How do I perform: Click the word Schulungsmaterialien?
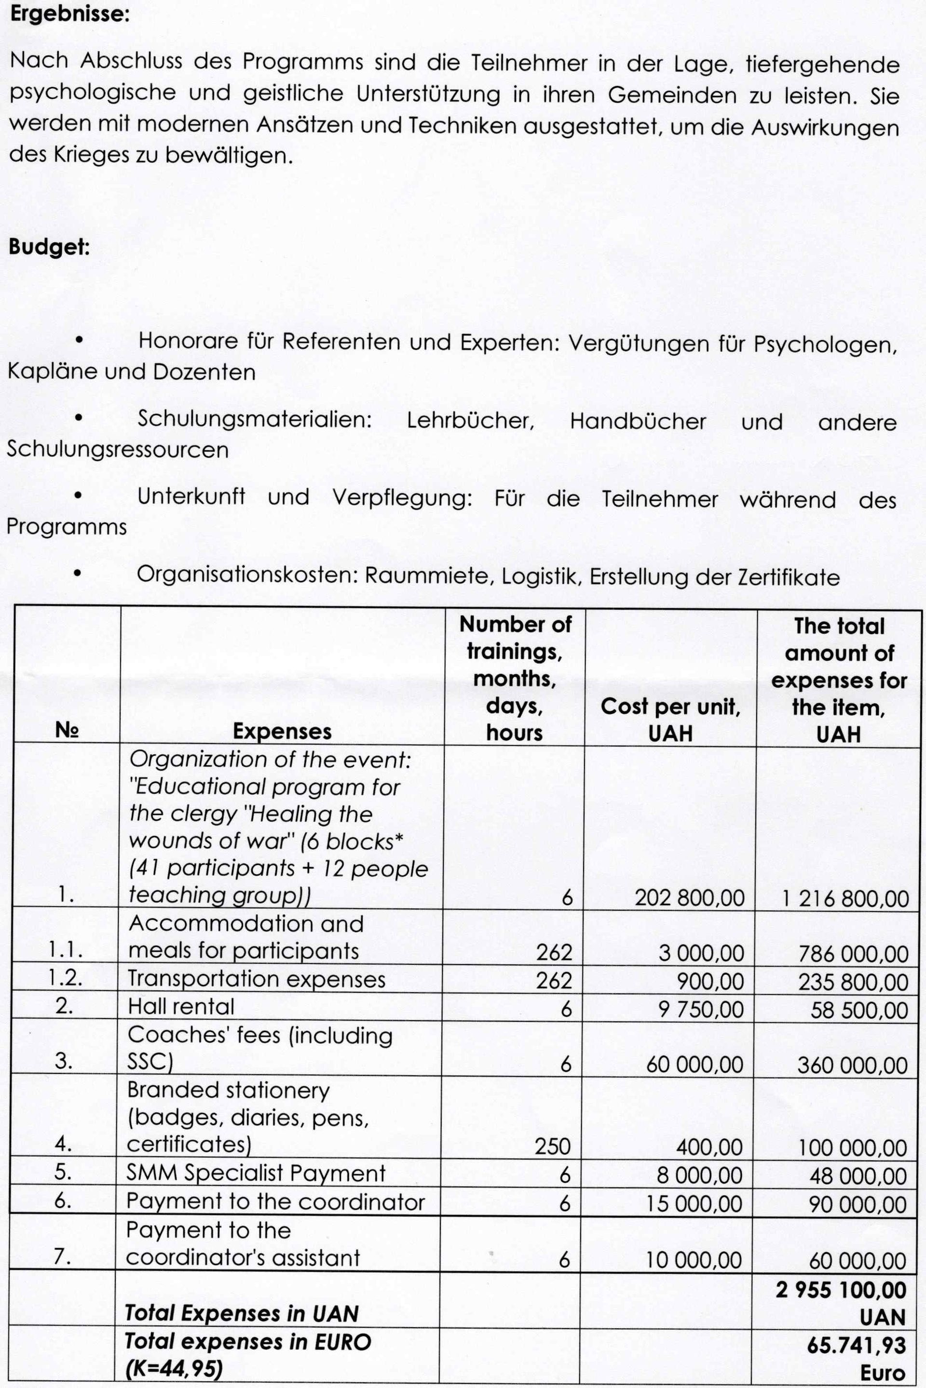(255, 420)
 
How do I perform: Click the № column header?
(67, 731)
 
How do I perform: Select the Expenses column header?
(282, 731)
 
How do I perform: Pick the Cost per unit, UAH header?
(670, 720)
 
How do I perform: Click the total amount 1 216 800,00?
(845, 899)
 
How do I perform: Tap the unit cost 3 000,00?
(701, 953)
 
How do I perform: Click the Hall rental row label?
(181, 1006)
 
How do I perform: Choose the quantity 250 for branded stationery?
(552, 1147)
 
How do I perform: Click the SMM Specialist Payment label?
(256, 1173)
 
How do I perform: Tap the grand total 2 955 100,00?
(841, 1290)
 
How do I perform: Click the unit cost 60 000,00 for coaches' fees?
(694, 1065)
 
